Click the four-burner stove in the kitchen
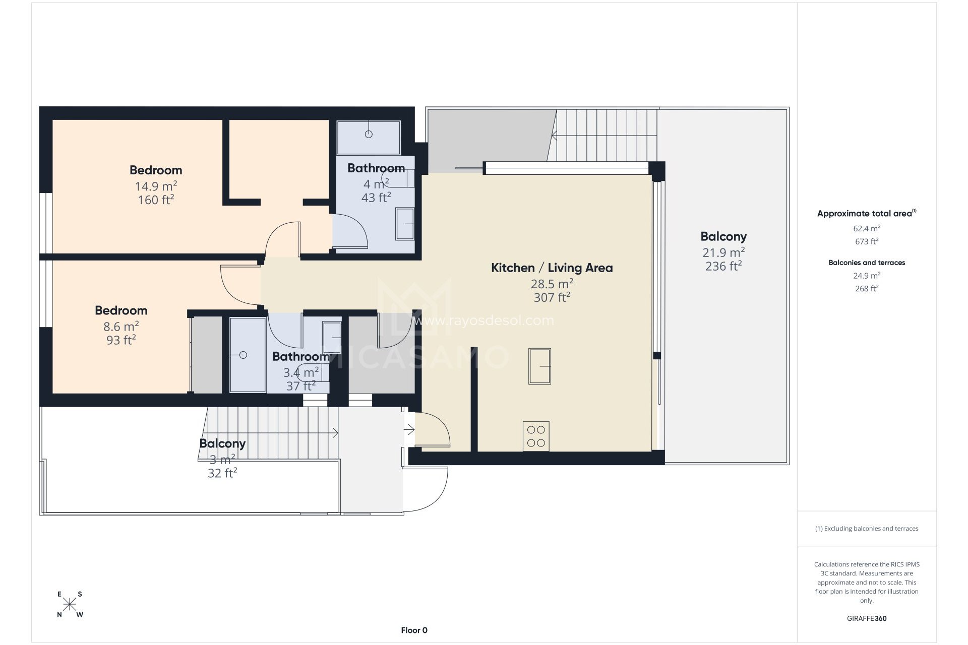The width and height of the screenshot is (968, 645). point(536,436)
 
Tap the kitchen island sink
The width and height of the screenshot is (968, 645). point(539,366)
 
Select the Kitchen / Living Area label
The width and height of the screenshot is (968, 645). point(552,268)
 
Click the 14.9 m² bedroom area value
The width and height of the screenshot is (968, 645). point(155,186)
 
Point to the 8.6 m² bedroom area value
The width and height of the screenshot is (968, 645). point(121,327)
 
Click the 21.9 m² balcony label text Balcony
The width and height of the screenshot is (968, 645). point(723,236)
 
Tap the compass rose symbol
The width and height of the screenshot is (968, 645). point(70,604)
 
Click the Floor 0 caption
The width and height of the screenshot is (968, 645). point(414,630)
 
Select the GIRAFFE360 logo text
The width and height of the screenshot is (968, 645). point(866,618)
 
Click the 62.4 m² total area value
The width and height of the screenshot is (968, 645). point(866,228)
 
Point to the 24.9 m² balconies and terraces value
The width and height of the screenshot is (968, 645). point(866,276)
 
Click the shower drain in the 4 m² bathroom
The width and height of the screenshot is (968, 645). point(369,134)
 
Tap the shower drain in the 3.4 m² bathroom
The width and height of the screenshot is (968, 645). point(243,355)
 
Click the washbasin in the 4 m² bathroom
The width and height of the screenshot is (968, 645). point(405,224)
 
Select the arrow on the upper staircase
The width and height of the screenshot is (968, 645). point(555,135)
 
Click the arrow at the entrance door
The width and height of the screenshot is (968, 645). point(409,430)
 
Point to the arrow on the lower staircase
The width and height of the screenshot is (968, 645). point(335,432)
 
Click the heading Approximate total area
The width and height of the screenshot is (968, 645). point(865,214)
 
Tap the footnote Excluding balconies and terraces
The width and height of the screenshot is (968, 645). point(866,529)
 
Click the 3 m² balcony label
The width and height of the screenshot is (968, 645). point(222,443)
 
